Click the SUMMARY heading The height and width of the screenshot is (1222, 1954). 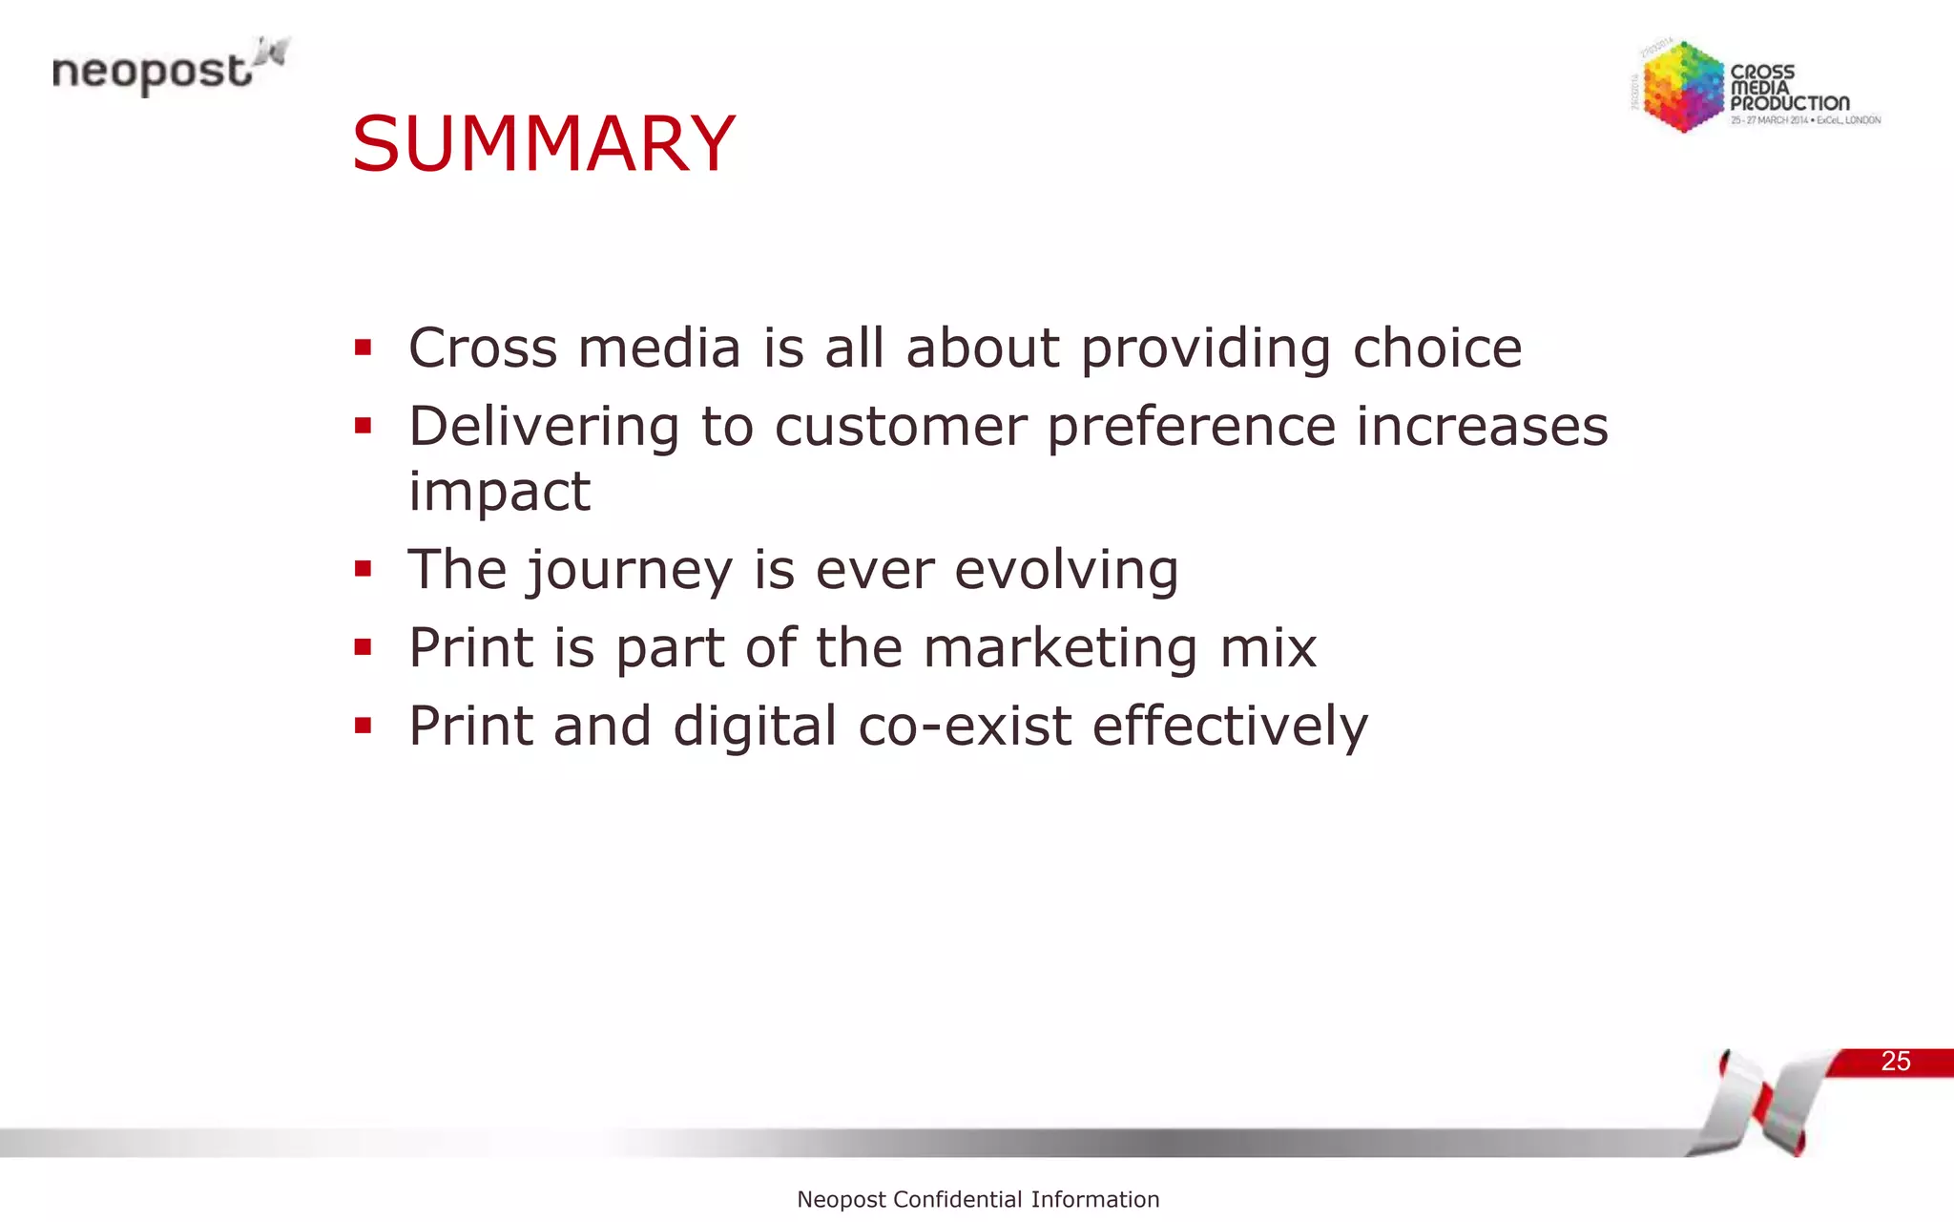tap(543, 144)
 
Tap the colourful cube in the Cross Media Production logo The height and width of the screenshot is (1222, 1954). tap(1682, 87)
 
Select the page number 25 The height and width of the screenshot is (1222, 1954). tap(1895, 1062)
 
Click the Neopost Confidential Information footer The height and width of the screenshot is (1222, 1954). tap(978, 1199)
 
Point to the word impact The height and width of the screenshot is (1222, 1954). tap(499, 492)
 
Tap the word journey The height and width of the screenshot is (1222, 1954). tap(629, 571)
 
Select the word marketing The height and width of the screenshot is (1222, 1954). tap(1059, 648)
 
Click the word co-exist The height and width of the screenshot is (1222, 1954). tap(964, 727)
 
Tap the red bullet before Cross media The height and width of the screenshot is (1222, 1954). tap(363, 348)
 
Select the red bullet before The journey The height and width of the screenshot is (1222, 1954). tap(363, 570)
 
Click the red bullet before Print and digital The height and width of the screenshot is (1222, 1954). tap(363, 727)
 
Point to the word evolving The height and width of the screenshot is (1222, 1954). tap(1066, 571)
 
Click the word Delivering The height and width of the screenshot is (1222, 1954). tap(544, 427)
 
